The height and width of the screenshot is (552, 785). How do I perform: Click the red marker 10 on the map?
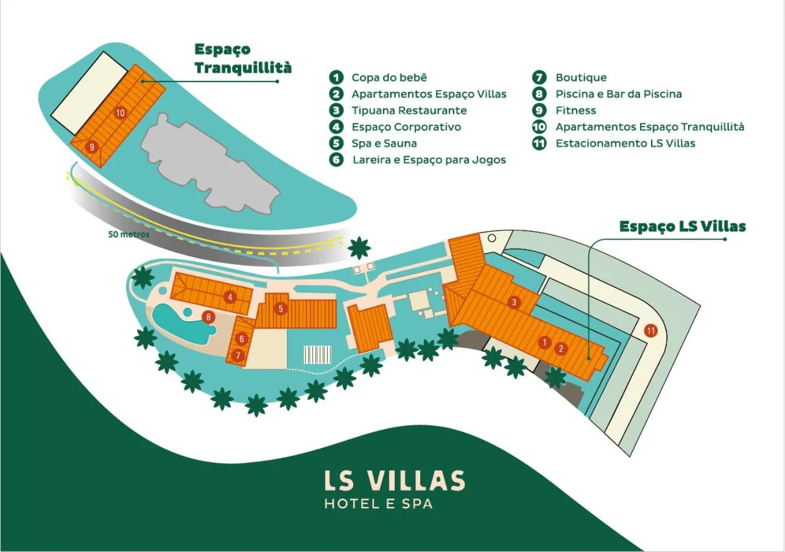[x=120, y=113]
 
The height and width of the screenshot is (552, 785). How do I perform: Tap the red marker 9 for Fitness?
[x=91, y=146]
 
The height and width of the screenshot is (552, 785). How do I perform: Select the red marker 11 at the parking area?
[x=651, y=331]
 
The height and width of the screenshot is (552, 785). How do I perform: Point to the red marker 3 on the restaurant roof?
[x=514, y=302]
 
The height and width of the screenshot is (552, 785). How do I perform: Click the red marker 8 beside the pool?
[x=208, y=316]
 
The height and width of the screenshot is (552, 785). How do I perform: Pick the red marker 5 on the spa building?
[x=281, y=309]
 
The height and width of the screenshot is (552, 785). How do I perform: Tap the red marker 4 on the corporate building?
[x=230, y=297]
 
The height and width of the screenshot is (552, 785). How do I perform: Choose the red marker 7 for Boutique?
[x=238, y=354]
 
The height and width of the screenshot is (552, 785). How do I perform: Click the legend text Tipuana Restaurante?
[x=409, y=110]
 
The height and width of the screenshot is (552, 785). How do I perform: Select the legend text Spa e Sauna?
[x=384, y=143]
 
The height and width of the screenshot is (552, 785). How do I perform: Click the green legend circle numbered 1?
[x=336, y=77]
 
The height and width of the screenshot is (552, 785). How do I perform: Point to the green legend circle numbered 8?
[x=539, y=94]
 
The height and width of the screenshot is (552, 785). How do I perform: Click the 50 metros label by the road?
[x=128, y=234]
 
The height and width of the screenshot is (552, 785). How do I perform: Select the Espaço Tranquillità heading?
[x=242, y=58]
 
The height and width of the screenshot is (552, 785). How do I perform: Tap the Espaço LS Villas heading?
[x=682, y=226]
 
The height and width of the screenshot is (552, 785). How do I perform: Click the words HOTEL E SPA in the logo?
[x=378, y=504]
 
